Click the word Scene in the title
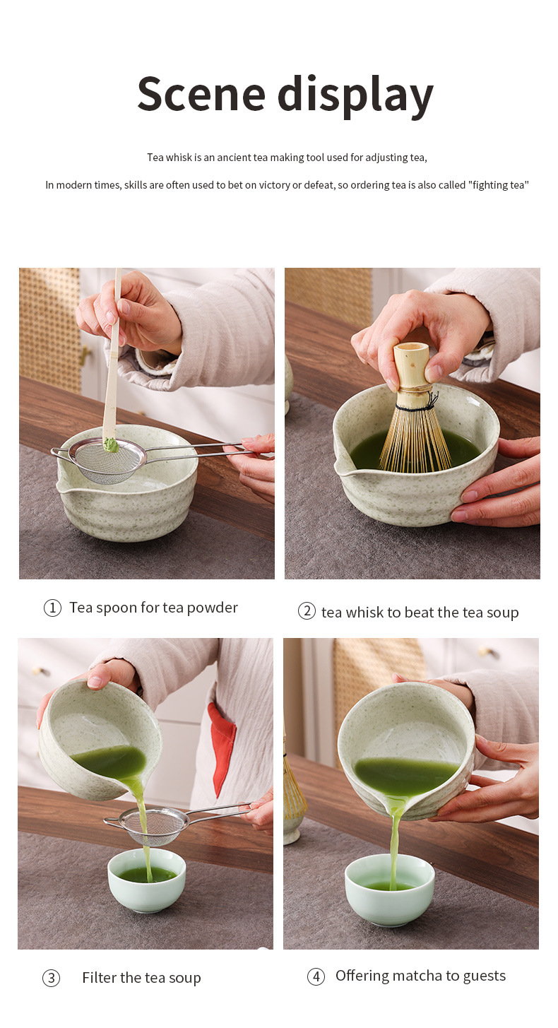(201, 94)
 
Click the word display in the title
(355, 96)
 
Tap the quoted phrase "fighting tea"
(499, 185)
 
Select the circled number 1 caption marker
(52, 608)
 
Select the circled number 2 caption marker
(307, 611)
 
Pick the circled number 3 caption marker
(51, 978)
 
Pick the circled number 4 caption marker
(316, 976)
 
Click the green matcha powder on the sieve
(111, 444)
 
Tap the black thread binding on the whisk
(416, 406)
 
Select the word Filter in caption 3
(100, 978)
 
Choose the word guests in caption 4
(485, 976)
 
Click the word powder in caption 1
(213, 608)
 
